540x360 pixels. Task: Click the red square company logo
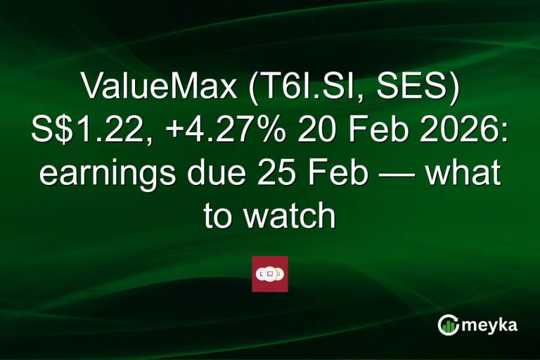click(x=270, y=274)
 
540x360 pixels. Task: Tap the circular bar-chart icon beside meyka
click(x=449, y=324)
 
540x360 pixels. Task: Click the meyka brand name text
click(x=493, y=324)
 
